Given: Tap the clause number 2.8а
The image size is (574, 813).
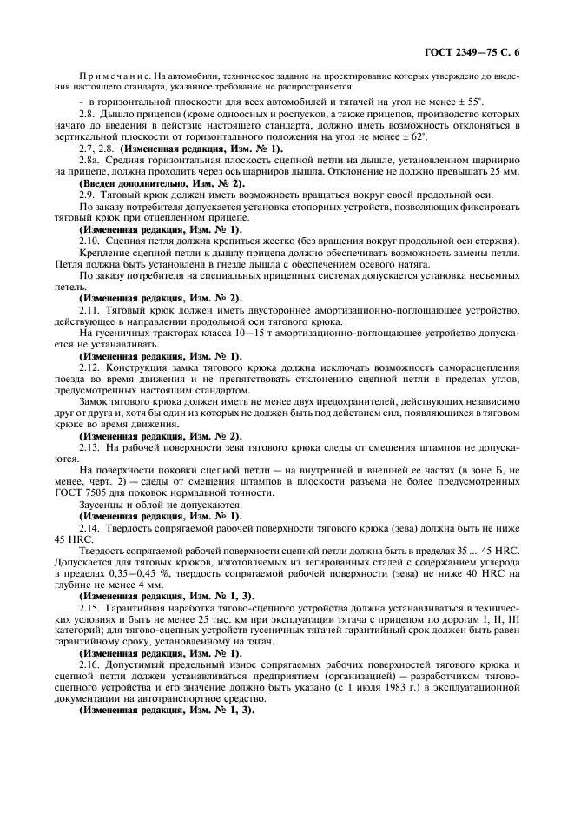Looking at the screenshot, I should click(90, 162).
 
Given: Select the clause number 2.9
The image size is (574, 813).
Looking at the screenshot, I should click(89, 196).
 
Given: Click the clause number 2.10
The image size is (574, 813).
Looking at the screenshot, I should click(91, 241).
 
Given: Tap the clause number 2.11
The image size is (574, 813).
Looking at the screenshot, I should click(91, 310).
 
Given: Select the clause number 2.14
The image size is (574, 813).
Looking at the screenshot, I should click(91, 527).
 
